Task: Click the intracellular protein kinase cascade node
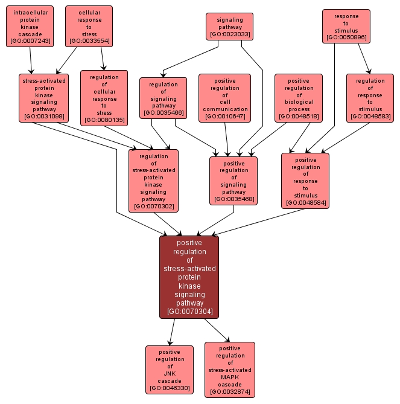[x=30, y=27]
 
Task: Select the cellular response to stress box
[x=89, y=27]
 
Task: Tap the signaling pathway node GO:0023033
[x=229, y=27]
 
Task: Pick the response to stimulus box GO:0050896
[x=346, y=27]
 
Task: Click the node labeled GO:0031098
[x=43, y=98]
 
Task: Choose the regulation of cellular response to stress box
[x=104, y=98]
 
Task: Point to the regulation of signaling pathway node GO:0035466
[x=163, y=98]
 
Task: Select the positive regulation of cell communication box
[x=225, y=98]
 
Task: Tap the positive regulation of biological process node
[x=298, y=98]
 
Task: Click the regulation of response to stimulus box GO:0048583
[x=370, y=98]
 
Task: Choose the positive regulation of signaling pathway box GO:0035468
[x=233, y=181]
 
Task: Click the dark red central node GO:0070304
[x=189, y=277]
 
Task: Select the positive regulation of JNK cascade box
[x=170, y=370]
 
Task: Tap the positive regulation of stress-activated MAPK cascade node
[x=229, y=370]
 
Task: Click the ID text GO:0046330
[x=170, y=388]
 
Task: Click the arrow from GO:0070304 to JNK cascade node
[x=173, y=332]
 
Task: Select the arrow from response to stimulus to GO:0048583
[x=363, y=57]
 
